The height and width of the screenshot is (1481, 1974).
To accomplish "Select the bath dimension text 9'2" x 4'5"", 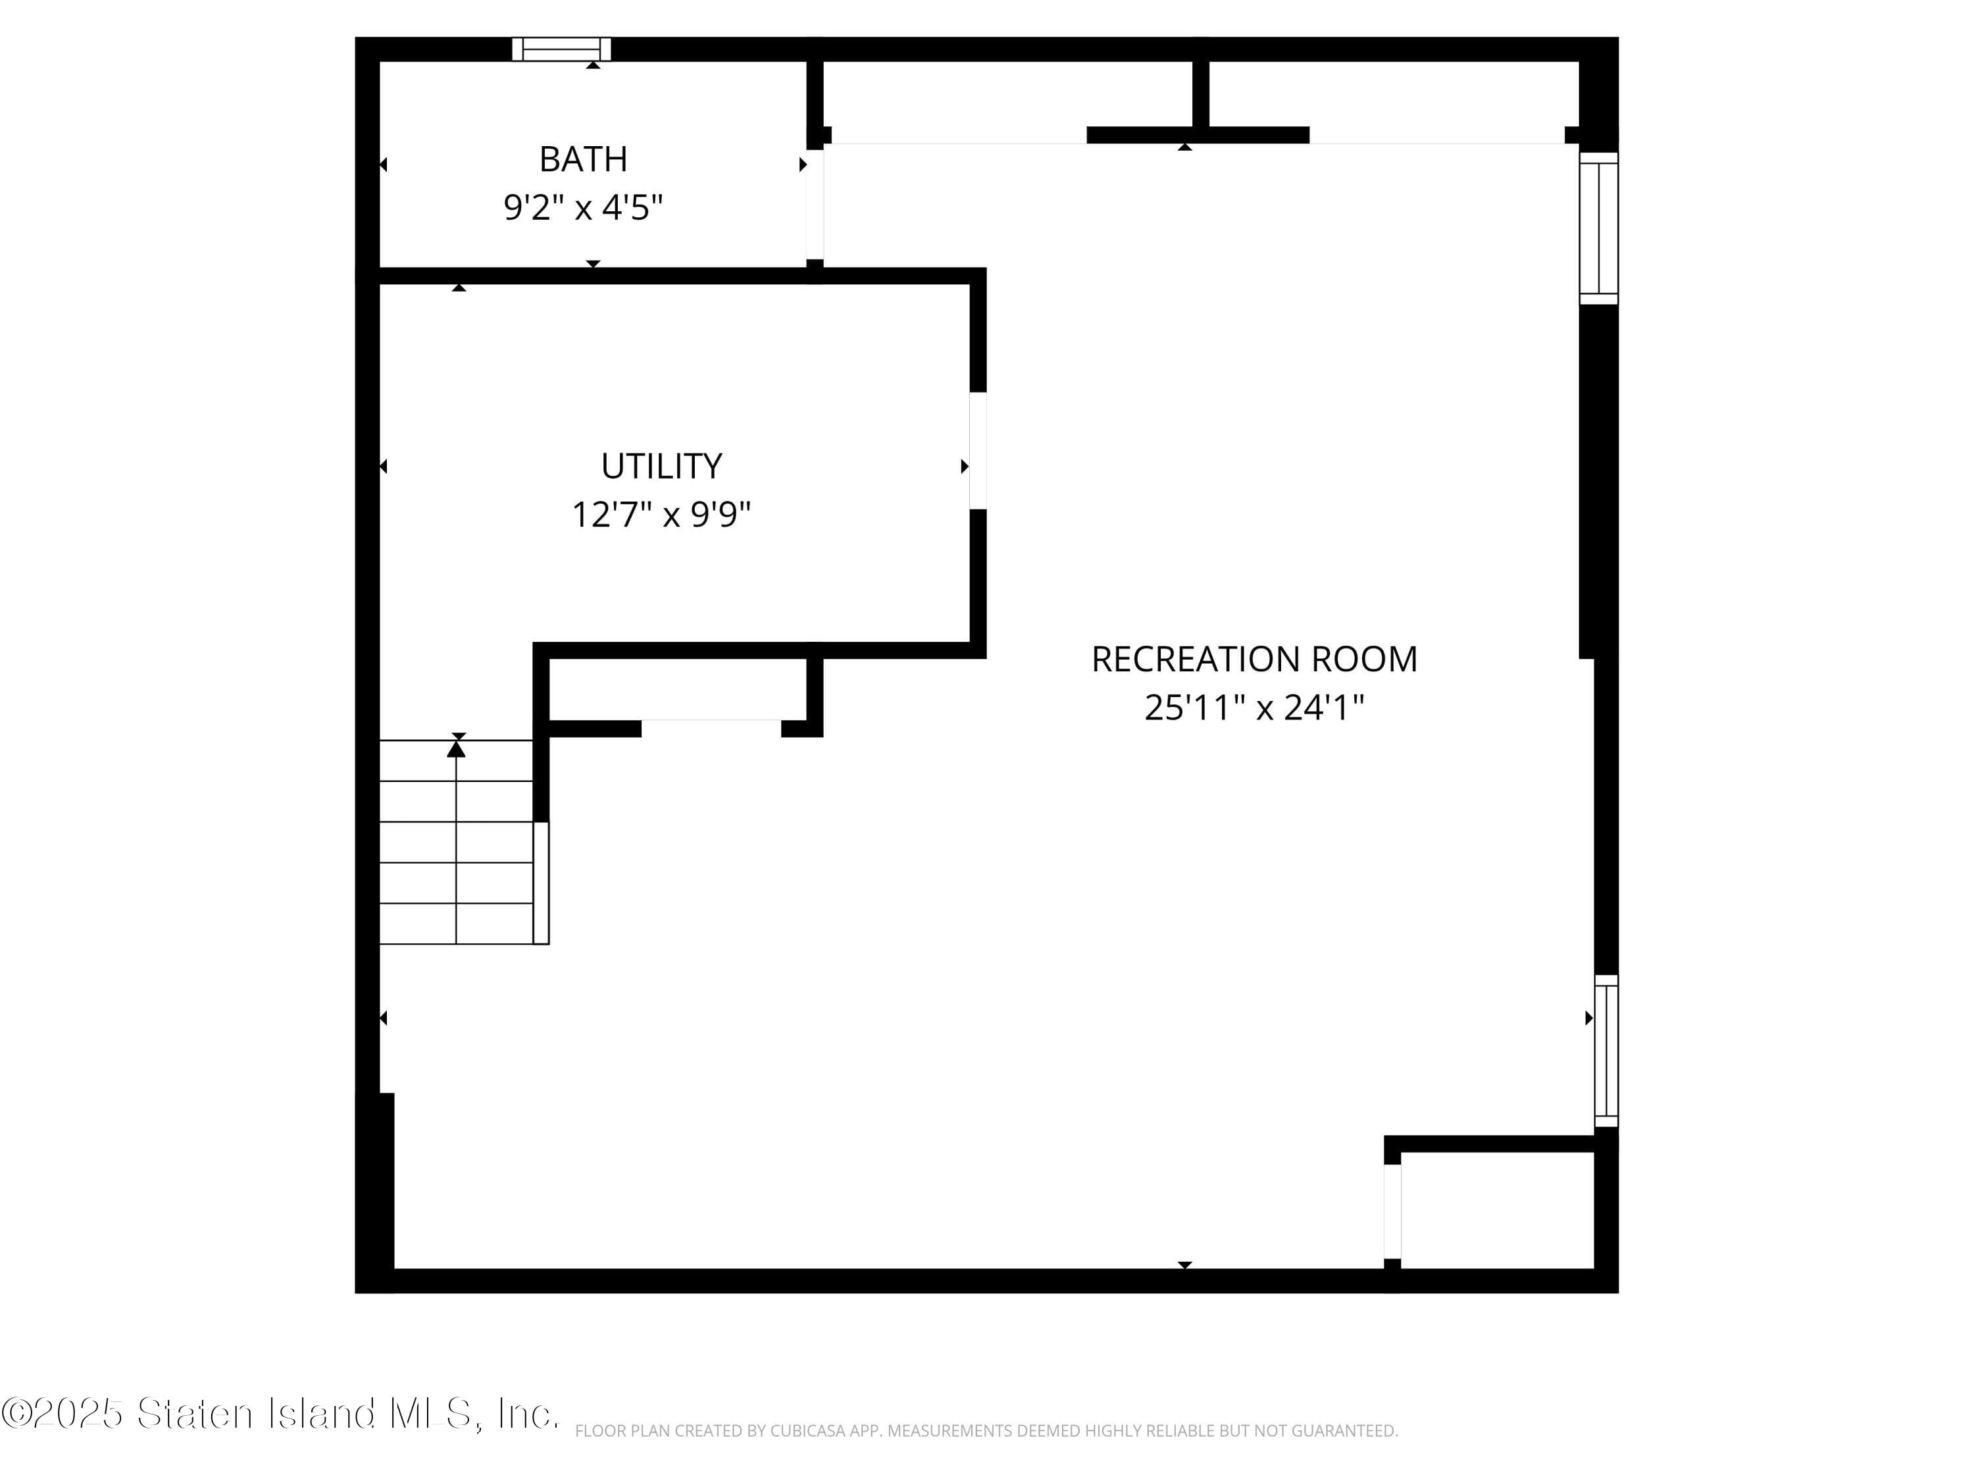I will coord(583,208).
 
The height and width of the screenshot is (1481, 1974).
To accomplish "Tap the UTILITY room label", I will coord(661,466).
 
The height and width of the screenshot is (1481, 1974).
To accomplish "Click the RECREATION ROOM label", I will coord(1254,660).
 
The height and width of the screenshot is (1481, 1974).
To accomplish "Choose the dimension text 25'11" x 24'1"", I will coord(1254,708).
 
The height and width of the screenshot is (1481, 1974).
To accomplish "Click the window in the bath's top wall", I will coord(561,49).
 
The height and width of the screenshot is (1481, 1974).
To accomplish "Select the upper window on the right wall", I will coord(1598,228).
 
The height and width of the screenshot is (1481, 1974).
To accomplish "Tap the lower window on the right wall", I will coord(1606,1051).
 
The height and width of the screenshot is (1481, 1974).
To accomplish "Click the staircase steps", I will coord(456,842).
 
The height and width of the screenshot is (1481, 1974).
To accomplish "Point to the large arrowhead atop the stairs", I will coord(456,749).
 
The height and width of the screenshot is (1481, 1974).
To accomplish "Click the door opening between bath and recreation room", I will coord(815,205).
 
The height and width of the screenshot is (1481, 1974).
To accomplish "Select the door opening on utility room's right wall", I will coord(978,450).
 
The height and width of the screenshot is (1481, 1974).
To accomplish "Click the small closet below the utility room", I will coord(678,689).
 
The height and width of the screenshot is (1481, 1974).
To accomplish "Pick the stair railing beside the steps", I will coord(541,882).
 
